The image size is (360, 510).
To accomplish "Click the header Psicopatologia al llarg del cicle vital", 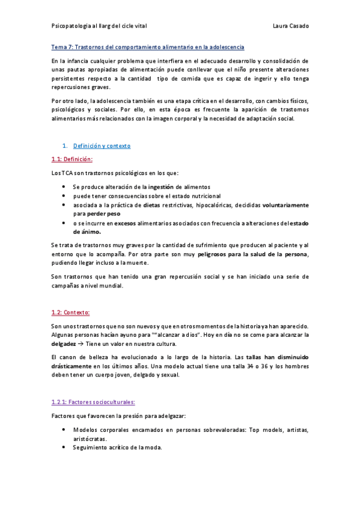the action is [99, 26].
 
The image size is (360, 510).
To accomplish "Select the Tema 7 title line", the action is [148, 46].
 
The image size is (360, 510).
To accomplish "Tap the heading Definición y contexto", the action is [102, 146].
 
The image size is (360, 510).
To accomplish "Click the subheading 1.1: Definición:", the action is [72, 159].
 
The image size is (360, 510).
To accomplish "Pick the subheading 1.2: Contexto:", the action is [71, 312].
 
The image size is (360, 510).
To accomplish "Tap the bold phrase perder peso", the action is [105, 214].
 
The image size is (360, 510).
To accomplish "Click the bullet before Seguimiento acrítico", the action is [64, 447].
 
